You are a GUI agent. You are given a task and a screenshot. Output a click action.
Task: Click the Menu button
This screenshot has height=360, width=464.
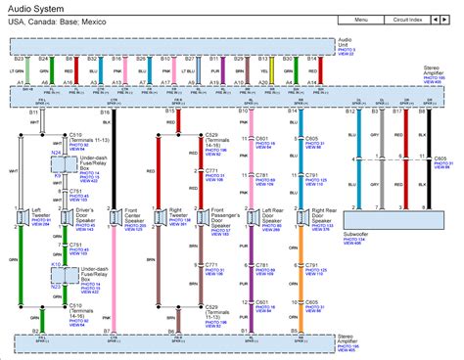pos(361,19)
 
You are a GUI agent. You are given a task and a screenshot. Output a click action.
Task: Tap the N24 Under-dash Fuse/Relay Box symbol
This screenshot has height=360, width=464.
pos(58,167)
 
